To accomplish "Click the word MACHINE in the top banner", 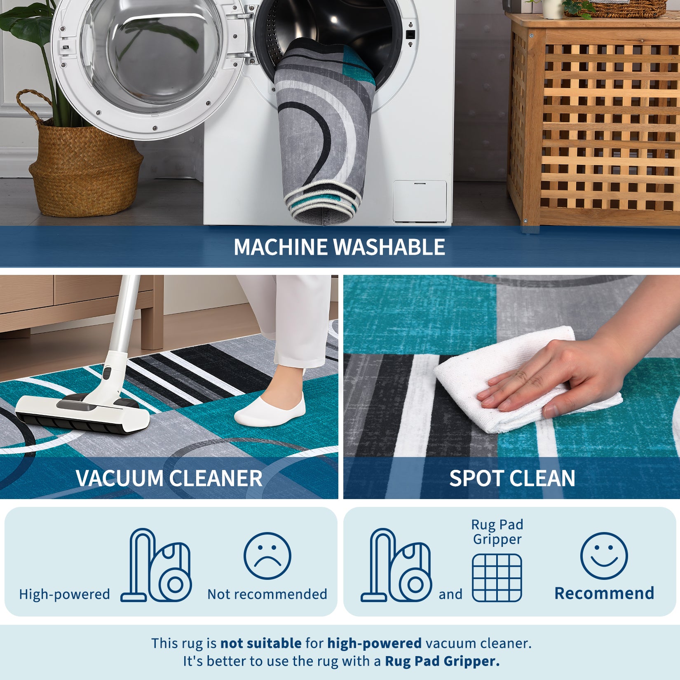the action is coord(281,247).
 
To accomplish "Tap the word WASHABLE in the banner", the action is coord(389,247).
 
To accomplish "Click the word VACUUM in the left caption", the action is coord(120,478).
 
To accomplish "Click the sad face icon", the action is coord(267,556).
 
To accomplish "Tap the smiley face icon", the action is coord(604,556).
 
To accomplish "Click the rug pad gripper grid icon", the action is coord(497,578).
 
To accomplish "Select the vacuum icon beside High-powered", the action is coord(156,565).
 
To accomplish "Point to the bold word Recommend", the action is coord(604,593).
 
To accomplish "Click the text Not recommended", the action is coord(267,594).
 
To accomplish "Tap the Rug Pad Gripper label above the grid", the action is coord(497,532).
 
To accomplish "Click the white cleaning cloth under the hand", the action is coord(507,379).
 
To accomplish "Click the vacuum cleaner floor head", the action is coord(82,414).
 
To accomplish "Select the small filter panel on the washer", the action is coord(420,202).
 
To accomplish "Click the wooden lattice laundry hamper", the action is coord(593,124).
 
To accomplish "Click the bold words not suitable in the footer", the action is coord(261,643).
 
